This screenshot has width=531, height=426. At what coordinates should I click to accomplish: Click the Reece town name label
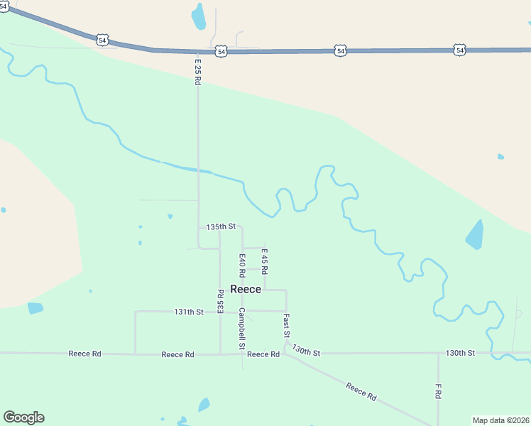tap(246, 290)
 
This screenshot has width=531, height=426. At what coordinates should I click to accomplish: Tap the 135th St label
tap(220, 226)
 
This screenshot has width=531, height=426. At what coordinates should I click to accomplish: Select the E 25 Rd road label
tap(198, 71)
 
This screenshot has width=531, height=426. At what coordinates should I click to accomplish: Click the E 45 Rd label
tap(264, 260)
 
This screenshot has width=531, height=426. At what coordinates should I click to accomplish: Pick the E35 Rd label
tap(220, 301)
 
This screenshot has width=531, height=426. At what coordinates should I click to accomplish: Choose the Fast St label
tap(286, 325)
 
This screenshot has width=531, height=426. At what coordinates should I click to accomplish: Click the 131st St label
tap(189, 312)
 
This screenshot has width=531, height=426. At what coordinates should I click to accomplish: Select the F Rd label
tap(439, 391)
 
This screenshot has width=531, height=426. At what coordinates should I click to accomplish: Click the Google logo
tap(23, 417)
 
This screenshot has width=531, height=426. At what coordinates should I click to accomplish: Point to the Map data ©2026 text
tap(500, 420)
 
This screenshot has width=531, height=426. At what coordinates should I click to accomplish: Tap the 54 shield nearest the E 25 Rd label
tap(222, 52)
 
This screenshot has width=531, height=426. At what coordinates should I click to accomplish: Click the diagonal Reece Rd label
tap(361, 392)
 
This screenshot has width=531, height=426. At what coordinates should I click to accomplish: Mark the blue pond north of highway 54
tap(199, 16)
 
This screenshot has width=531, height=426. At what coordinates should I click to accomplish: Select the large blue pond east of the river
tap(474, 235)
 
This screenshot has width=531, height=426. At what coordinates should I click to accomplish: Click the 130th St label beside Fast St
tap(307, 352)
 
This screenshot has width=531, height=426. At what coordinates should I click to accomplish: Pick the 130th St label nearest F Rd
tap(459, 353)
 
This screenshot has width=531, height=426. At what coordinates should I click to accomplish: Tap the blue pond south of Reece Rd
tap(204, 405)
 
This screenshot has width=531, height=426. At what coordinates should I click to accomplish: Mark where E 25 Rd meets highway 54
tap(198, 51)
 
